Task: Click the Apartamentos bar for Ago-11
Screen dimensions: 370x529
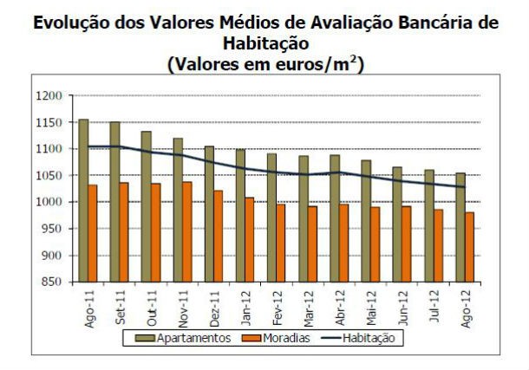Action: coord(83,200)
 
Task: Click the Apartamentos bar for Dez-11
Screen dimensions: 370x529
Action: coord(209,213)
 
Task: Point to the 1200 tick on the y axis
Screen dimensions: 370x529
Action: coord(51,95)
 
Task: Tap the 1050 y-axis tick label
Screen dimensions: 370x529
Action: coord(51,176)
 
